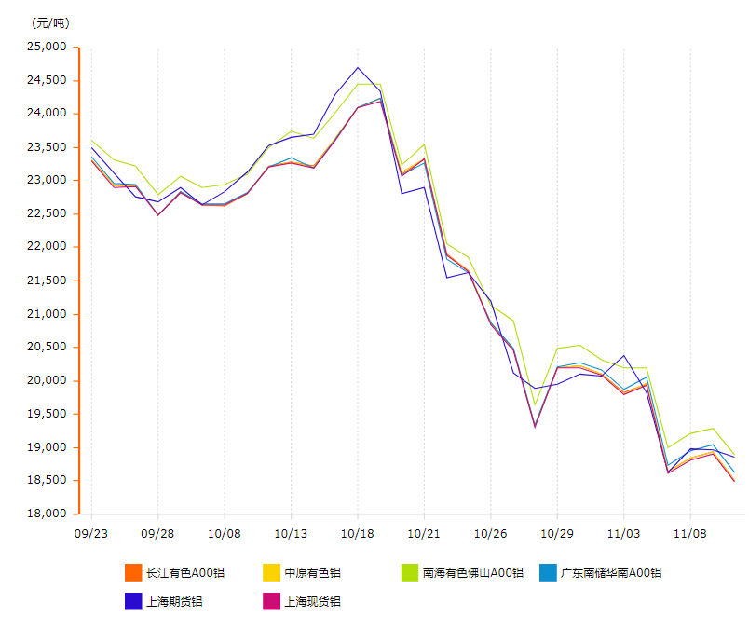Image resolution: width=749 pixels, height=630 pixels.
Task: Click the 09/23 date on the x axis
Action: pos(90,534)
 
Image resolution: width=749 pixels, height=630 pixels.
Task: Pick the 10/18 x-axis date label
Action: pos(358,534)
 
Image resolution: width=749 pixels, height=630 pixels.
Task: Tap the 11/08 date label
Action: pos(690,534)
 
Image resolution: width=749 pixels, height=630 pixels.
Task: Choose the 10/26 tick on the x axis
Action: pos(490,534)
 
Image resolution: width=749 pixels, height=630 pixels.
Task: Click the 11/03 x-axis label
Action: pos(623,534)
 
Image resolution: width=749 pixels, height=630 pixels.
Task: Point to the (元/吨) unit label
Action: pos(50,23)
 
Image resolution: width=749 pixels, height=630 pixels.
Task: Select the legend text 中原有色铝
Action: pos(312,573)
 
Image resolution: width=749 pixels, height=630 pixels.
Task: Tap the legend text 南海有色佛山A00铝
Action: pos(472,573)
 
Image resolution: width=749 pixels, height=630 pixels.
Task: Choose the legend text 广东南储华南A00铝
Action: pos(611,573)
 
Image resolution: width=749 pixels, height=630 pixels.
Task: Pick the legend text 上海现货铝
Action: pos(312,602)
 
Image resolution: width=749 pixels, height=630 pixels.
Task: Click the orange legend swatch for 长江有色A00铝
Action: pos(133,573)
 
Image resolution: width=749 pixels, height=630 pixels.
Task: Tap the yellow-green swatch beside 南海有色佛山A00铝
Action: pos(409,573)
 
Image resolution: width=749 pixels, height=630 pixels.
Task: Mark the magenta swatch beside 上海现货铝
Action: pos(271,602)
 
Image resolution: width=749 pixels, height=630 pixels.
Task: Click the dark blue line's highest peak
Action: pos(358,67)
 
